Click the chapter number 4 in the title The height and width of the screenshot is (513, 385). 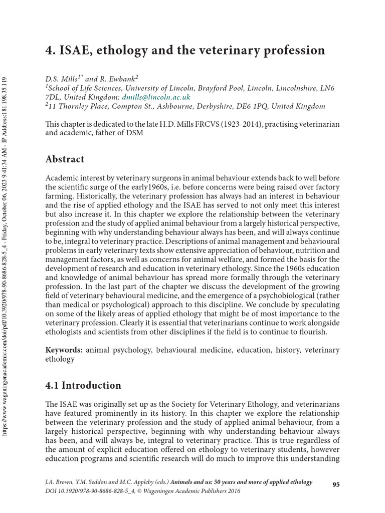point(49,51)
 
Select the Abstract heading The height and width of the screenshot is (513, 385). point(65,159)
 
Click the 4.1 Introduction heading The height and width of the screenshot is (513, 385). point(83,385)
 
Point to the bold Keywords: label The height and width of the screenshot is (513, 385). point(64,350)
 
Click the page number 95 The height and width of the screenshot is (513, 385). point(336,484)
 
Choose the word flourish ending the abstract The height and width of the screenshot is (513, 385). point(313,332)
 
